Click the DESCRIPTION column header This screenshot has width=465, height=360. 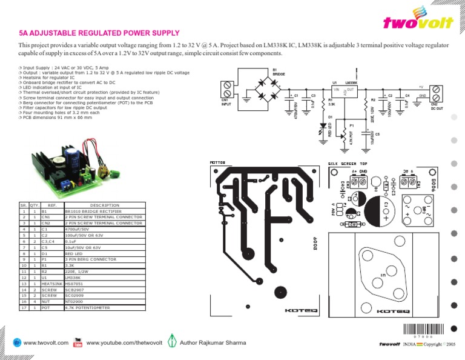[104, 205]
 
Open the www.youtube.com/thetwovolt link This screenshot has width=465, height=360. [125, 343]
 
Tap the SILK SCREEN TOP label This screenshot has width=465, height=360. [348, 164]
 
